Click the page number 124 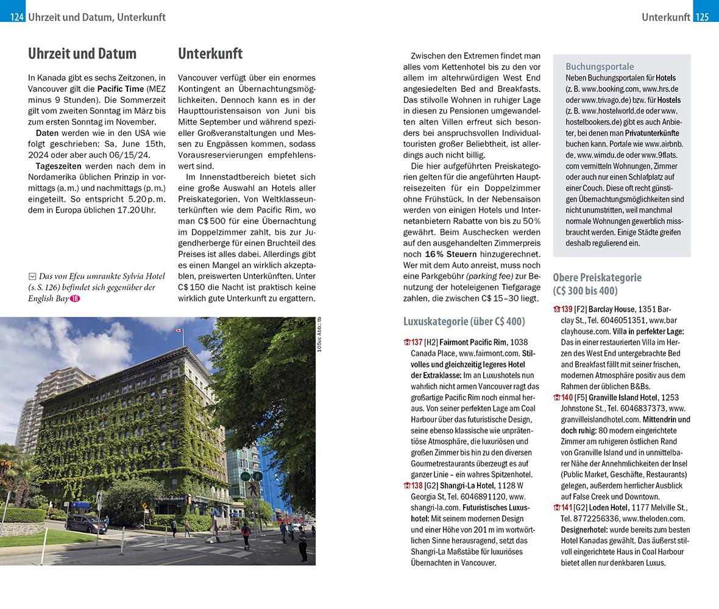point(16,17)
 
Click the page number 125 point(701,17)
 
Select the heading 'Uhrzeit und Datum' point(82,54)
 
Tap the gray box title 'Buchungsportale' point(600,67)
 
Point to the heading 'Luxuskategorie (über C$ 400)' point(464,322)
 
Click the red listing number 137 point(416,342)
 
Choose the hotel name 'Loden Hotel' point(609,507)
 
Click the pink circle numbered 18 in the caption point(74,298)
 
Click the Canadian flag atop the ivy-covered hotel point(179,331)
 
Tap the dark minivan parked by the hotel point(85,523)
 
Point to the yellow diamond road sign point(145,506)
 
